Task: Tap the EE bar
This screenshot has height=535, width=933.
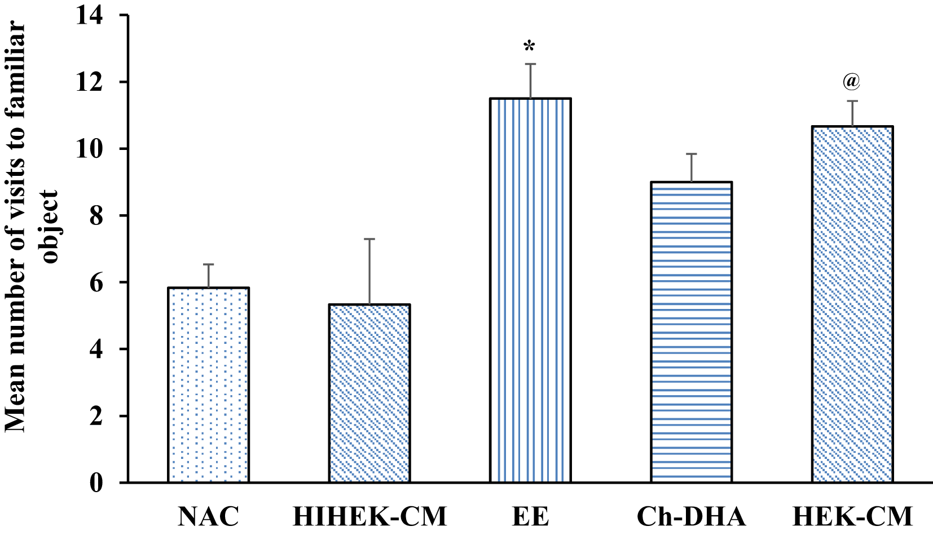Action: point(530,290)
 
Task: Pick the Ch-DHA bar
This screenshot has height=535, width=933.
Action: point(691,332)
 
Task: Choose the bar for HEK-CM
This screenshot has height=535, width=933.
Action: point(852,304)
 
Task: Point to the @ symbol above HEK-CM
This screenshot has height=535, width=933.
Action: point(852,82)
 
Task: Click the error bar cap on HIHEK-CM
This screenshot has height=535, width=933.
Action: point(369,239)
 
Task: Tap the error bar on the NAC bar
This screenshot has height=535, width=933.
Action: point(209,276)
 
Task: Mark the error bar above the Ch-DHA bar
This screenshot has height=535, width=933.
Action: point(691,167)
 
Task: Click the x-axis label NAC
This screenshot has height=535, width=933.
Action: point(208,516)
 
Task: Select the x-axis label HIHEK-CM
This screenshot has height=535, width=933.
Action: point(369,516)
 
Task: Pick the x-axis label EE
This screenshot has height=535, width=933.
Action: point(530,516)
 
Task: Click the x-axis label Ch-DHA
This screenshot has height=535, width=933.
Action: point(691,516)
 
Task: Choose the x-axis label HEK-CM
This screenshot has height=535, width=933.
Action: point(852,516)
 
